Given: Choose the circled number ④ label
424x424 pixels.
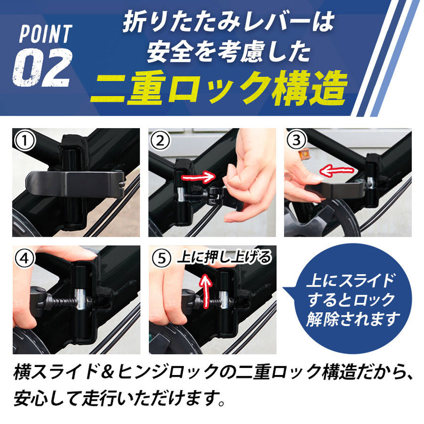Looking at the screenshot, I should [x=25, y=258].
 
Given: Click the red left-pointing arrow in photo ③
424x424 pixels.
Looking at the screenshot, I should [x=338, y=171].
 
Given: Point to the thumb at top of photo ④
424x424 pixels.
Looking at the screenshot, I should [x=61, y=252].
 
